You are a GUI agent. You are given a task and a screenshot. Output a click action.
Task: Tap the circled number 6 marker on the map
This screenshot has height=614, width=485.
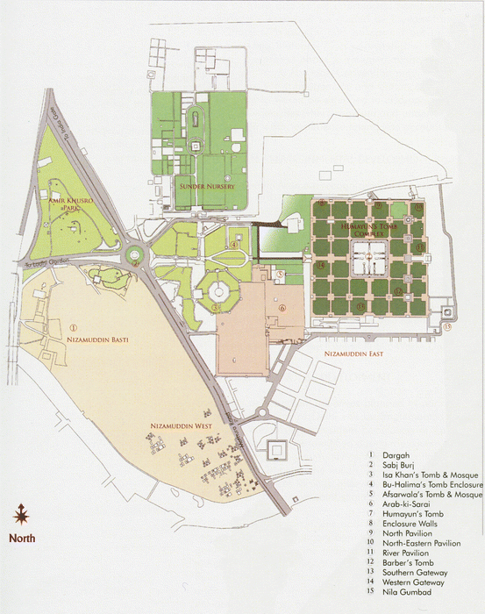[x=282, y=308]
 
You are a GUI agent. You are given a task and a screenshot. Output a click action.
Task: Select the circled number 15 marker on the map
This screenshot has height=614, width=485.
[x=446, y=327]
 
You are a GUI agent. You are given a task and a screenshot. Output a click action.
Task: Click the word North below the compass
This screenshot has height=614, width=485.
[x=24, y=539]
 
